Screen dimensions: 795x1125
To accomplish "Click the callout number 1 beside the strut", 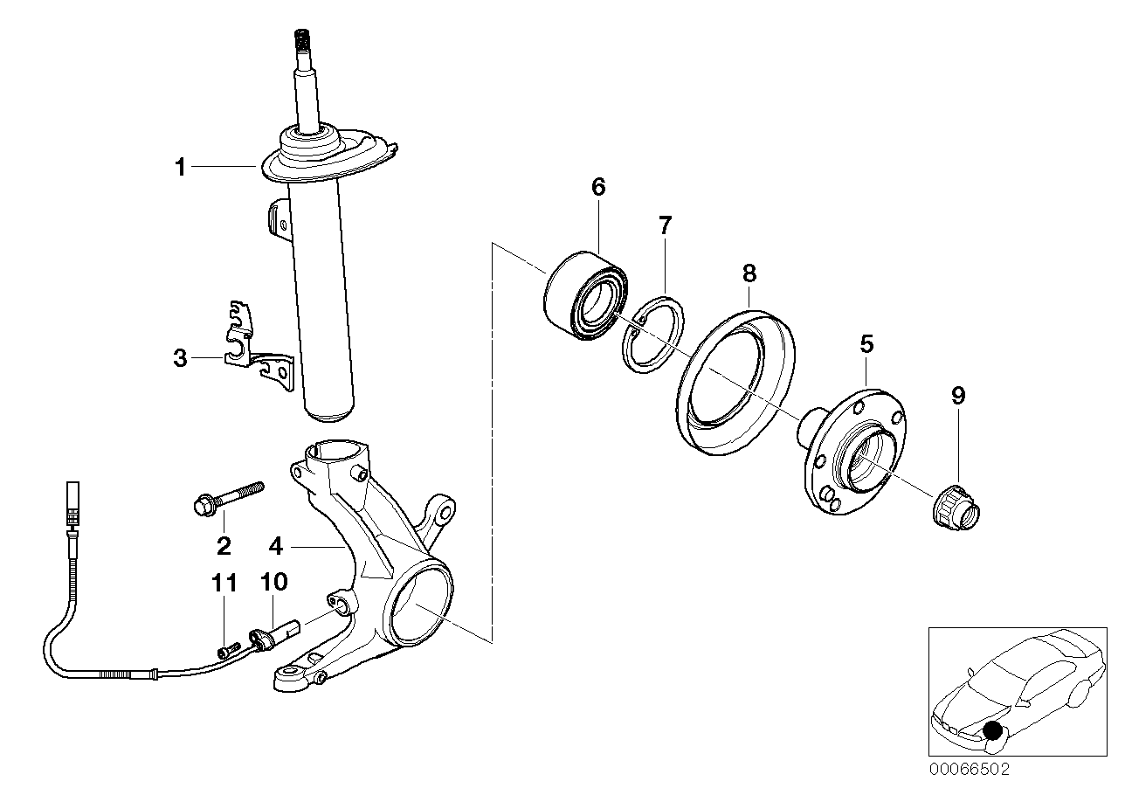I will (180, 167).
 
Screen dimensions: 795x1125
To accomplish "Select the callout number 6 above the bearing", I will (598, 186).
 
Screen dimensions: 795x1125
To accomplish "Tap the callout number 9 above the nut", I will (958, 396).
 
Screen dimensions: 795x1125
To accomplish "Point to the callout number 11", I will (225, 583).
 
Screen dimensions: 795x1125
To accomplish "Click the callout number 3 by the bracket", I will (180, 358).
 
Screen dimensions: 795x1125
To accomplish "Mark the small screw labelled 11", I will (229, 648).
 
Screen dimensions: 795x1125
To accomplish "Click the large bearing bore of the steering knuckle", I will (420, 603).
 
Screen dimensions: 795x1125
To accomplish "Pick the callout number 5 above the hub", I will (866, 343).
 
